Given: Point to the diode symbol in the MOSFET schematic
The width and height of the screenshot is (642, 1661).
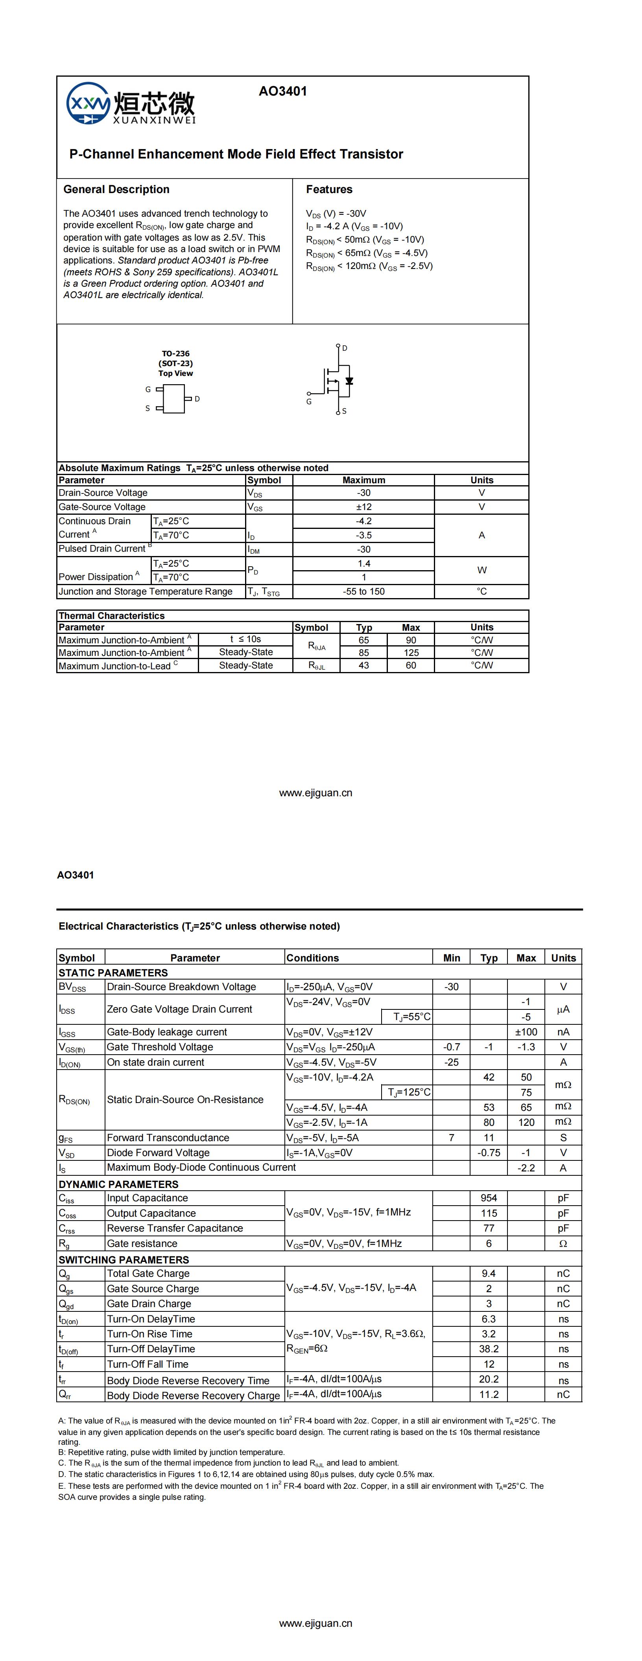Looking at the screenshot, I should [349, 381].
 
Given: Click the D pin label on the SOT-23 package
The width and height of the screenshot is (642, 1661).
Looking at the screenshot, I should [197, 399].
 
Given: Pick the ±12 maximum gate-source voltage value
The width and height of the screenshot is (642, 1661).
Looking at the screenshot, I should [364, 507].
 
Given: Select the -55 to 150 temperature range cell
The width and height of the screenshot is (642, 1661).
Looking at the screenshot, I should [364, 591].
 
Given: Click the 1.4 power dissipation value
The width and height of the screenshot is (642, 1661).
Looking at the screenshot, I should [364, 563].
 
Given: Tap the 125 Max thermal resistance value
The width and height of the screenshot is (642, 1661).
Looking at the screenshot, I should [411, 652].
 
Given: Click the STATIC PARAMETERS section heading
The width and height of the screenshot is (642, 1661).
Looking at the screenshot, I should [113, 972].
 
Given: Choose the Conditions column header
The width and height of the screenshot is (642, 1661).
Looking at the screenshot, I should [312, 958].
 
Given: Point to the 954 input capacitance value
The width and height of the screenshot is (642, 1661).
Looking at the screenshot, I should [489, 1198].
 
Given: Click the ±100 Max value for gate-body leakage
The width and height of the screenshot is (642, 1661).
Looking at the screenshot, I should [526, 1032].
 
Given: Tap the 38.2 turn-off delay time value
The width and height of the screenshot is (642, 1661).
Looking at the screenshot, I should [489, 1349].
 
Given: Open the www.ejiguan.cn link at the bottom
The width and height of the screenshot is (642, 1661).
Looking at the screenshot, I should [315, 1624].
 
